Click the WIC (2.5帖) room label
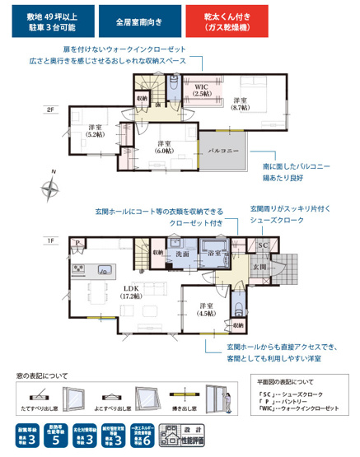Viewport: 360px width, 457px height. click(x=200, y=90)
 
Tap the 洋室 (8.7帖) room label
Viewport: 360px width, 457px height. click(x=241, y=104)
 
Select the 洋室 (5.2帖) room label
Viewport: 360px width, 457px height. click(x=95, y=132)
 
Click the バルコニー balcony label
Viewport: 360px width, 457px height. click(x=223, y=151)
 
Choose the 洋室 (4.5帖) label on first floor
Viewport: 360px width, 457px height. click(x=208, y=309)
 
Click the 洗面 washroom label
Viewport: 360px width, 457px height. click(x=181, y=255)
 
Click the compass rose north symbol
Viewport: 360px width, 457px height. click(x=51, y=189)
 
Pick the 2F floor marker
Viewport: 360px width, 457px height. click(x=51, y=110)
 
